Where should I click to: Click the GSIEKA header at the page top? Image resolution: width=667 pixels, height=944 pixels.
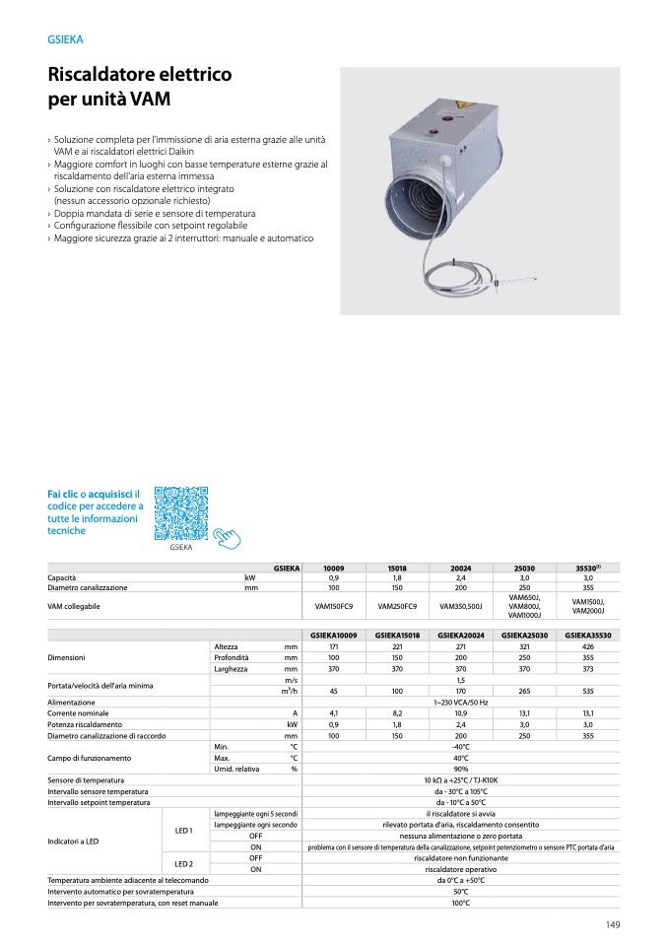pos(65,39)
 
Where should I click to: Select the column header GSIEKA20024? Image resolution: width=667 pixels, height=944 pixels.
pos(460,636)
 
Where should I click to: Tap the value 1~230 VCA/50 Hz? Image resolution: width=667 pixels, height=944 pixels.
pos(460,702)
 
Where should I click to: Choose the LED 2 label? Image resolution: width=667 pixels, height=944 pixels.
pos(183,863)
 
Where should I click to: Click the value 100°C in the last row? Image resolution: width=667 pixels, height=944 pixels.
pos(460,902)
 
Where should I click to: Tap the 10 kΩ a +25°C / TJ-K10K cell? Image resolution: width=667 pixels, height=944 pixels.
pos(460,779)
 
